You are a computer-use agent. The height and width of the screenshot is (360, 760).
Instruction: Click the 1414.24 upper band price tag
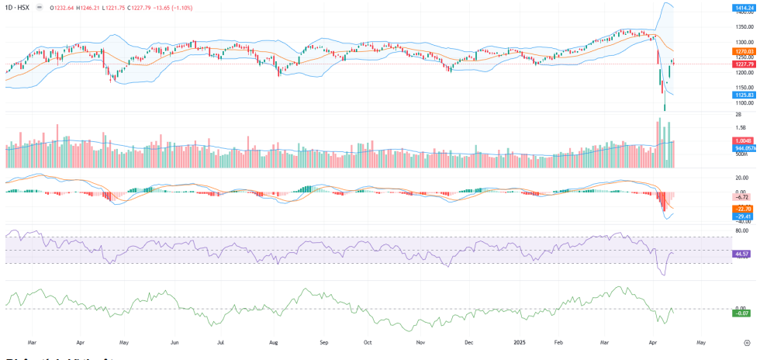click(x=744, y=8)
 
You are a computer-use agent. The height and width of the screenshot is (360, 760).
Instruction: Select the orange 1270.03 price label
click(x=744, y=51)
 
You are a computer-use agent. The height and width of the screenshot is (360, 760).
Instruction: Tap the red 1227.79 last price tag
click(x=744, y=64)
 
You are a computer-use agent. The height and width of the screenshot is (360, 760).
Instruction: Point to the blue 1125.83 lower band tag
click(x=744, y=95)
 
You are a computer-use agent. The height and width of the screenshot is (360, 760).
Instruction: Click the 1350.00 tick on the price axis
click(x=744, y=27)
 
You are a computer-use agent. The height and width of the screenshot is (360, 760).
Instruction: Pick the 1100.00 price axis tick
click(x=744, y=102)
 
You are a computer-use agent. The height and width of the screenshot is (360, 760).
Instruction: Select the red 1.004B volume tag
click(x=742, y=140)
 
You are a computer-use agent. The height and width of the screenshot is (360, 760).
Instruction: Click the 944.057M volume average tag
click(x=744, y=147)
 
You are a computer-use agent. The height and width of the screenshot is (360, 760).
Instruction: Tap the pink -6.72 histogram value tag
click(x=742, y=197)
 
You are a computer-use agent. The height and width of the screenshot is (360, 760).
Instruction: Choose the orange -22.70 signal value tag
click(x=742, y=209)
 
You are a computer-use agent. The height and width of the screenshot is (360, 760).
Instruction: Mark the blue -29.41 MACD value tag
click(x=742, y=216)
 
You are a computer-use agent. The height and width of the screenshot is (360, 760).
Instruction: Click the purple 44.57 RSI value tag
click(x=742, y=254)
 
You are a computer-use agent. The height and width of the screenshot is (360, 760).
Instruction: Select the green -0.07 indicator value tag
click(x=742, y=313)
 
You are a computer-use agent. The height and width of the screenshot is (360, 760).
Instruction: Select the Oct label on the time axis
click(x=369, y=341)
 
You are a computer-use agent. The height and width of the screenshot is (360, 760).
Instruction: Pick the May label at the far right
click(x=701, y=341)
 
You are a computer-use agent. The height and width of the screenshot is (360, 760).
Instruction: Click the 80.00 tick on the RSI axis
click(x=742, y=230)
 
